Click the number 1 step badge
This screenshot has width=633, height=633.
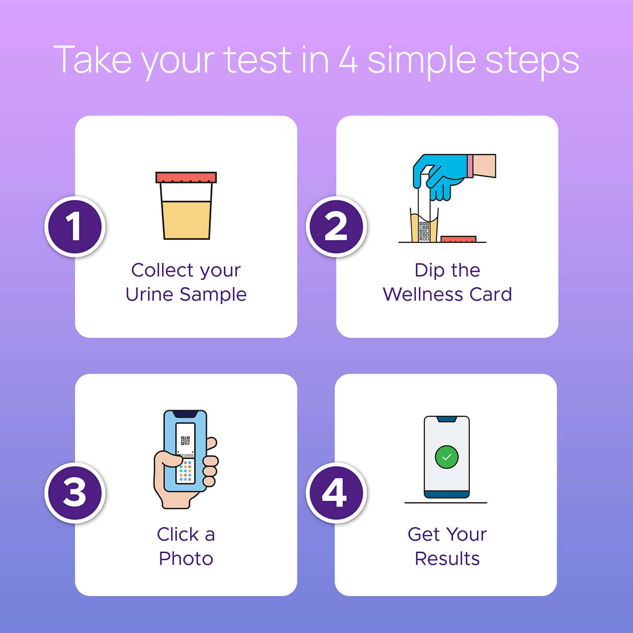(x=74, y=226)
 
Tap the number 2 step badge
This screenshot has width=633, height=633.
(x=336, y=226)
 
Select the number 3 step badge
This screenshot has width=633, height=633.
(x=74, y=492)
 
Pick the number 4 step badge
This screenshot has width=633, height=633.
(x=336, y=492)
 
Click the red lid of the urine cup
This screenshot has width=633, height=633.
(x=186, y=177)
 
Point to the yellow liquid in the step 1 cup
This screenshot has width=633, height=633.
(x=186, y=220)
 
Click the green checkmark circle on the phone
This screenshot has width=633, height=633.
(x=446, y=457)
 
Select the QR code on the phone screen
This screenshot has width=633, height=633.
(x=185, y=441)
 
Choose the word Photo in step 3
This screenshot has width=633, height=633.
(x=186, y=559)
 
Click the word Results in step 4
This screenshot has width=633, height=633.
(x=447, y=559)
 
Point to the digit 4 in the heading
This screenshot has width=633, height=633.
(x=348, y=60)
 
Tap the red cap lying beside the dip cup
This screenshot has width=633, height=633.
(x=458, y=239)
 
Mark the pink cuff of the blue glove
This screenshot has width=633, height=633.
(x=470, y=166)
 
